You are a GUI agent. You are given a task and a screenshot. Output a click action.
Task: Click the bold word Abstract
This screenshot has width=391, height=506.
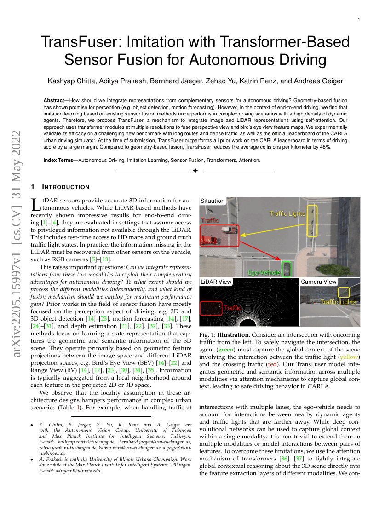(56, 100)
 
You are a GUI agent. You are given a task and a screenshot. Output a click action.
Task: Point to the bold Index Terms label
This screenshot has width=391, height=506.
(60, 160)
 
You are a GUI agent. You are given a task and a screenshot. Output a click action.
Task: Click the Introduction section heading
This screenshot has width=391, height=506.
(66, 187)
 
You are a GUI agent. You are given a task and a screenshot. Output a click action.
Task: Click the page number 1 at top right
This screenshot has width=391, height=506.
(359, 20)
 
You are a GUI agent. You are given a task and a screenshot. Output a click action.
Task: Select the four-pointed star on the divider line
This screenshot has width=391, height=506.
(195, 171)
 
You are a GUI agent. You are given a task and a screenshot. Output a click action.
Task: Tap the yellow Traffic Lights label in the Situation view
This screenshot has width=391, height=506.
(287, 213)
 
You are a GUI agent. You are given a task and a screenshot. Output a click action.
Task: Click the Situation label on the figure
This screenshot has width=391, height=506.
(213, 201)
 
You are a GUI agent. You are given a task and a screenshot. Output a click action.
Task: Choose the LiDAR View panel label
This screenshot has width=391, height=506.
(216, 282)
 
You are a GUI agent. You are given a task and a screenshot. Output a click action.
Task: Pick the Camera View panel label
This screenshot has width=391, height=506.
(319, 282)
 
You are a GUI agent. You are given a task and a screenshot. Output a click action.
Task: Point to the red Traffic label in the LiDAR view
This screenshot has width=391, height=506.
(232, 308)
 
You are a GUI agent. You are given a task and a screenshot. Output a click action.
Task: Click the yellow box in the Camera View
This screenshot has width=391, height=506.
(343, 292)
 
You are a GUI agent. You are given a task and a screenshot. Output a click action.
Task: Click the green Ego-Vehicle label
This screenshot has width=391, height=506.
(264, 273)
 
